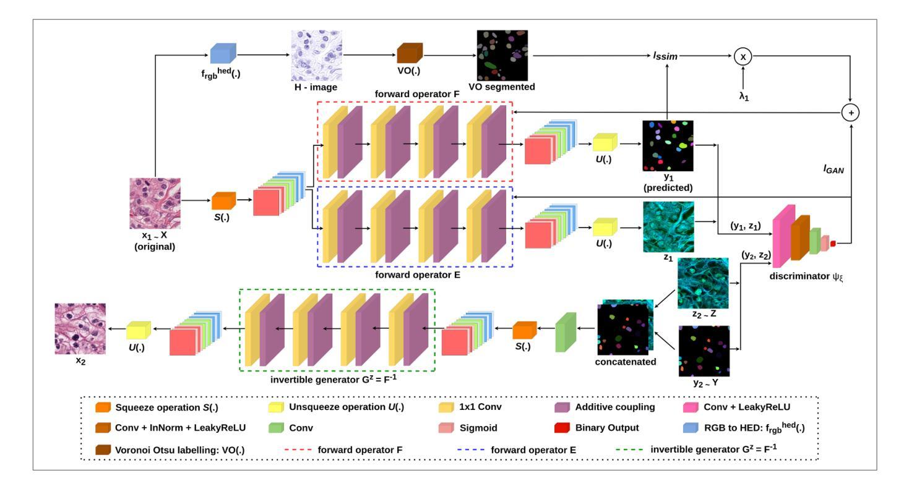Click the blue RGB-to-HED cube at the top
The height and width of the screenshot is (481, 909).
click(x=223, y=53)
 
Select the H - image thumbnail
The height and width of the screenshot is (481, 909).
click(x=317, y=56)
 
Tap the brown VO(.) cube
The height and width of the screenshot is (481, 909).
click(x=410, y=53)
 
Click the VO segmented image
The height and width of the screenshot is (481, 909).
click(x=502, y=55)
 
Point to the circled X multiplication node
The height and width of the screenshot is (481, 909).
click(x=743, y=57)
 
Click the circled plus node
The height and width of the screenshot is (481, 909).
click(x=851, y=113)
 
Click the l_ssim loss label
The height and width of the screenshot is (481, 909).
click(x=665, y=56)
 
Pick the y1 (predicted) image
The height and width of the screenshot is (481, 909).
click(x=668, y=145)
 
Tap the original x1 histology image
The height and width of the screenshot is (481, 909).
click(x=155, y=203)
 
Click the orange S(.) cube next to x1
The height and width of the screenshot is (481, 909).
click(x=223, y=200)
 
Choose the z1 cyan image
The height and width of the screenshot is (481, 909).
click(x=668, y=227)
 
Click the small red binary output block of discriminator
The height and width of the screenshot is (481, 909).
click(x=833, y=244)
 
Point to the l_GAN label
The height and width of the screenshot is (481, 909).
click(x=834, y=169)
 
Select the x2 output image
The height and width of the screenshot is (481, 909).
click(x=80, y=329)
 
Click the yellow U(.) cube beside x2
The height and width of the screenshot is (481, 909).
click(x=139, y=330)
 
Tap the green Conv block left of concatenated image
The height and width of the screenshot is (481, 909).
click(x=566, y=332)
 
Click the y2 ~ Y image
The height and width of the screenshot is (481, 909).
click(x=704, y=351)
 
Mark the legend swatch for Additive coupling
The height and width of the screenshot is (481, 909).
click(x=562, y=407)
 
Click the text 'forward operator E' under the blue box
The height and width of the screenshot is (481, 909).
click(x=418, y=275)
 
